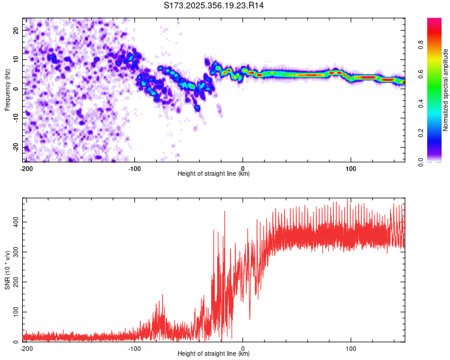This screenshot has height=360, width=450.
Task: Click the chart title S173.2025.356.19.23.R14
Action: [214, 5]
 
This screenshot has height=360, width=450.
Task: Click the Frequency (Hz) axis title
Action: [7, 90]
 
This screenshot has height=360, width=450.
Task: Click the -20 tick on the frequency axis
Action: [15, 148]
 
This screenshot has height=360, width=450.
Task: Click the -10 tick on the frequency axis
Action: [15, 118]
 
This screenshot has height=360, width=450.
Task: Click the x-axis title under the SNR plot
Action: [214, 354]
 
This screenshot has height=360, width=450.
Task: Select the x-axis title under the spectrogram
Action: [214, 174]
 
